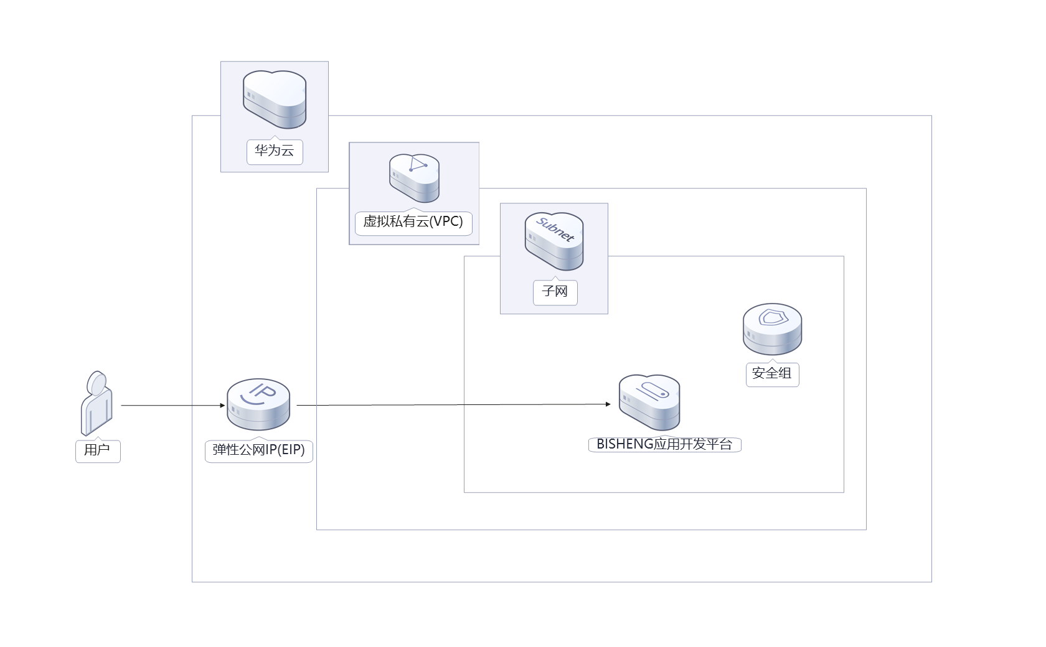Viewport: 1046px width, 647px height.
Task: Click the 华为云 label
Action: [x=275, y=151]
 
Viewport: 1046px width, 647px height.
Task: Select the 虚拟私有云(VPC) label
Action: [x=413, y=222]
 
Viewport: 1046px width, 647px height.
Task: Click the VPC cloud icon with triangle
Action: [x=415, y=178]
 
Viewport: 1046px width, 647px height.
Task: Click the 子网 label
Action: [x=555, y=292]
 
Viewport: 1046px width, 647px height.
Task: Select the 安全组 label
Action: [x=772, y=374]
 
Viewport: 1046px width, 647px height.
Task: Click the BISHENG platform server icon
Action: [x=649, y=403]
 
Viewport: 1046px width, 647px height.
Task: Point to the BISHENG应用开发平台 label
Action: [x=664, y=445]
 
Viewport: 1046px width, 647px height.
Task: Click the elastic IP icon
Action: [x=258, y=405]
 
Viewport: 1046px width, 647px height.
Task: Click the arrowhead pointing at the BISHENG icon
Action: [x=608, y=404]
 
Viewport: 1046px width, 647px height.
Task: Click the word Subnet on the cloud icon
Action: [x=555, y=229]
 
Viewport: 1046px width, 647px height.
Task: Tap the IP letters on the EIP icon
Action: [x=262, y=392]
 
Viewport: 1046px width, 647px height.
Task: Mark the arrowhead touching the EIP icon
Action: [x=222, y=406]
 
